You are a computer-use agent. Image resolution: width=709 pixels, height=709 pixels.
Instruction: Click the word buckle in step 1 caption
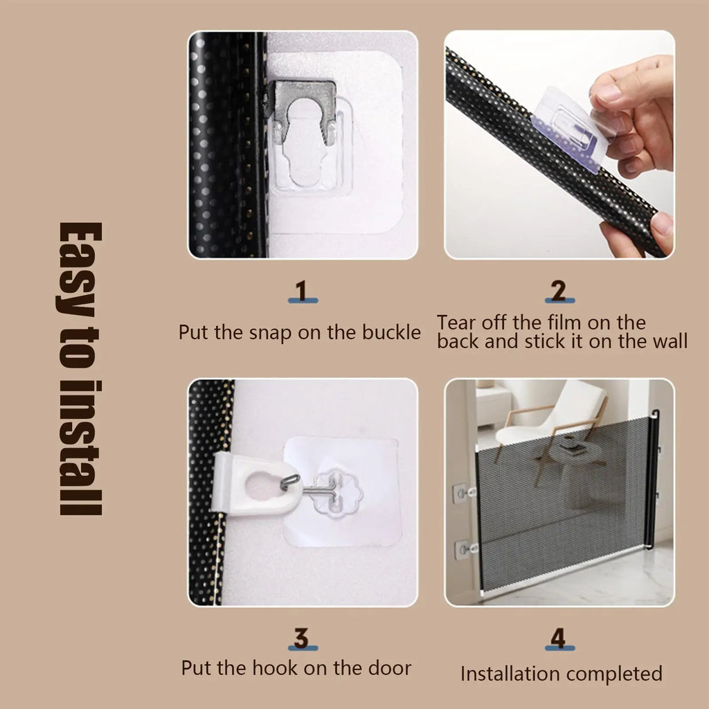click(x=391, y=332)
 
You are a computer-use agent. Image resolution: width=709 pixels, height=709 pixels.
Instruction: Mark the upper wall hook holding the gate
click(x=462, y=494)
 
